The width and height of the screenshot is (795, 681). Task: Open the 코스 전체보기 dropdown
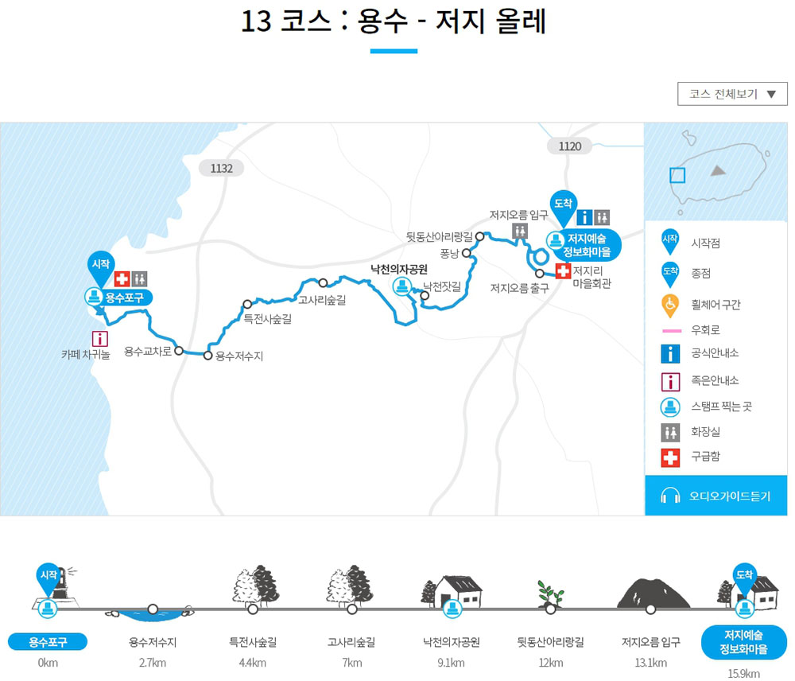731,94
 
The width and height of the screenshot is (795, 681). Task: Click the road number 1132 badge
221,168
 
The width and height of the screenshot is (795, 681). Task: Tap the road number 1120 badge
569,146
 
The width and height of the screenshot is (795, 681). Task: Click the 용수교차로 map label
148,351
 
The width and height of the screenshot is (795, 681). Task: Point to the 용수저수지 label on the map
239,356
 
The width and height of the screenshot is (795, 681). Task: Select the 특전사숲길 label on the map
267,320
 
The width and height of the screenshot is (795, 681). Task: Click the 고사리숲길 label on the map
322,300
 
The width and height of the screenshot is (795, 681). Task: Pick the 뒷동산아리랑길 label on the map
439,236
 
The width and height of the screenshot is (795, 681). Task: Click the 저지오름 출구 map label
519,288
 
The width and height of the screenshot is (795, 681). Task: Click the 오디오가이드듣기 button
715,496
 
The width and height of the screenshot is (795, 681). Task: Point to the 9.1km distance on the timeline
452,663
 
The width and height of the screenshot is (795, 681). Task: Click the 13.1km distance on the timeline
651,663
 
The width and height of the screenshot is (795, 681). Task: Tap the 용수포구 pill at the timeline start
47,642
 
